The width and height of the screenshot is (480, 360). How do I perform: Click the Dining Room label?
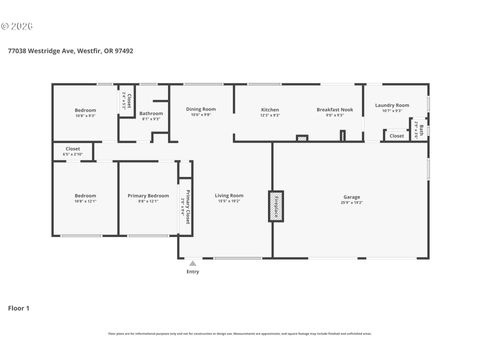(x=200, y=109)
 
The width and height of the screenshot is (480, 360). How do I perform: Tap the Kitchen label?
(x=270, y=109)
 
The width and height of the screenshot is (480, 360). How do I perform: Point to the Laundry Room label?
(x=391, y=105)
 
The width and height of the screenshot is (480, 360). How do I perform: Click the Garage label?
(x=351, y=196)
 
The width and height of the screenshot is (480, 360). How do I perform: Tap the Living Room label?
(x=229, y=195)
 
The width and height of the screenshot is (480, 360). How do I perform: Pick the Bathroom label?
(x=152, y=113)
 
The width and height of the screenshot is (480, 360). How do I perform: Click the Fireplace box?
(x=274, y=206)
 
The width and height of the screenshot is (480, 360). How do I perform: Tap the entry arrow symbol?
(x=193, y=262)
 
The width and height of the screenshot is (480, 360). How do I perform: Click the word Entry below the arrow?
(x=193, y=271)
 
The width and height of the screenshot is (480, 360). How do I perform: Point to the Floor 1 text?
(x=19, y=308)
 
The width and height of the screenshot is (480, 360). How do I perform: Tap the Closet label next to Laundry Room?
(x=396, y=135)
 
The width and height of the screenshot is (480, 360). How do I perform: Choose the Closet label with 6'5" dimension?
(x=73, y=151)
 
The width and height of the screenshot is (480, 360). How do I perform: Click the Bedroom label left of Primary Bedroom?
(x=84, y=195)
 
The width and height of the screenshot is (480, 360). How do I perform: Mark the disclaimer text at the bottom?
(x=240, y=334)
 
